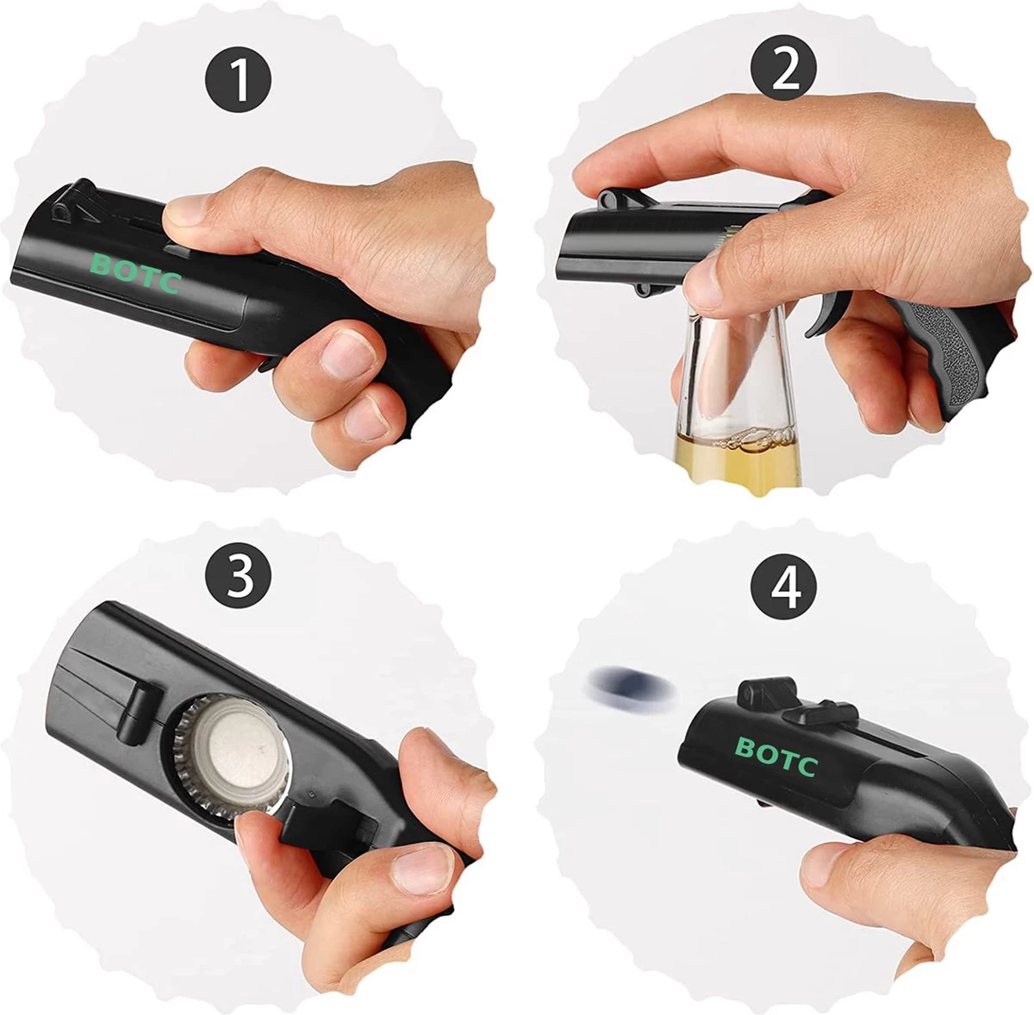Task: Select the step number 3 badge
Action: (238, 577)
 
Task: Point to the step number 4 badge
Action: (783, 586)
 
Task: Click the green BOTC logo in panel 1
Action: (135, 273)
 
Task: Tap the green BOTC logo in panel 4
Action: (776, 757)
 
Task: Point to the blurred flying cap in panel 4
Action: (632, 684)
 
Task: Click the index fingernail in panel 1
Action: (186, 210)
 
